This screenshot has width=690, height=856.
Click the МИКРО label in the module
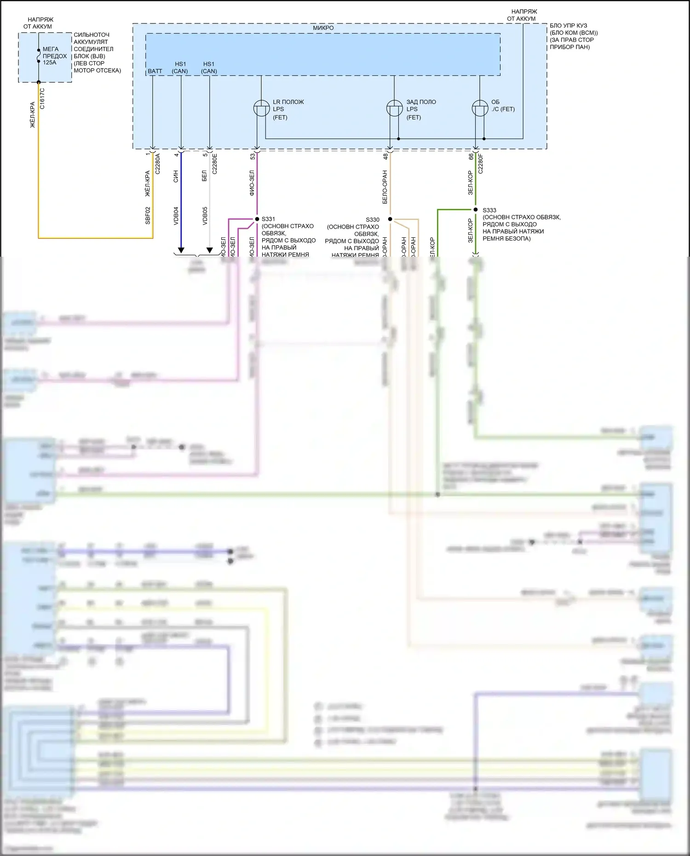[323, 28]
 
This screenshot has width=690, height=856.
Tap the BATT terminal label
[155, 71]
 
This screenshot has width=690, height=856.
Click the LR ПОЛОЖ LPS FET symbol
[261, 109]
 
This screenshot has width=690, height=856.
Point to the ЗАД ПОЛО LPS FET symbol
[394, 109]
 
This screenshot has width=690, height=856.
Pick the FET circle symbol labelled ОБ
[480, 109]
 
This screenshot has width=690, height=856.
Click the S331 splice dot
[257, 219]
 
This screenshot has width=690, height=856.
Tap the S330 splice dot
[390, 219]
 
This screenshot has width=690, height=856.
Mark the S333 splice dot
[476, 210]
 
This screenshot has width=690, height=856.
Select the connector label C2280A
[158, 163]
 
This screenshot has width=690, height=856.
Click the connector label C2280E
[215, 163]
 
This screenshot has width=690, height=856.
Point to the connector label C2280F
[481, 163]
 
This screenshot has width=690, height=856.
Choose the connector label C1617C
[42, 98]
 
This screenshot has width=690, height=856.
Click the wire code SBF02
[148, 215]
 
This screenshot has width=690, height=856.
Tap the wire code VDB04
[176, 215]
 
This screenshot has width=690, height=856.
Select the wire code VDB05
[205, 215]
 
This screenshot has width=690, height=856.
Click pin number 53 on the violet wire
[253, 156]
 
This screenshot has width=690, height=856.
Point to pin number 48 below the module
[385, 156]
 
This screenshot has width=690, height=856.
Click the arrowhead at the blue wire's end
[181, 250]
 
